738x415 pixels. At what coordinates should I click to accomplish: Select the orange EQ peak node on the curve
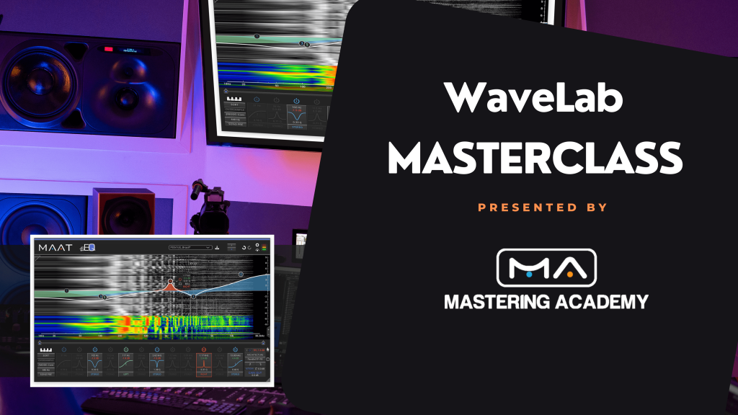pyautogui.click(x=171, y=282)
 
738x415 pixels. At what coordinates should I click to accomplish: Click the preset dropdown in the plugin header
pyautogui.click(x=190, y=247)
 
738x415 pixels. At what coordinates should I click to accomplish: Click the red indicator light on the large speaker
pyautogui.click(x=110, y=50)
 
